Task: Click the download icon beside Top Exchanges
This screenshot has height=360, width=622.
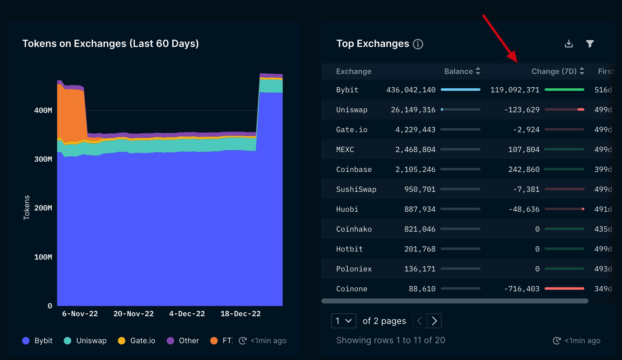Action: coord(569,44)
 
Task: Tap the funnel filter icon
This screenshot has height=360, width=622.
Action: coord(590,44)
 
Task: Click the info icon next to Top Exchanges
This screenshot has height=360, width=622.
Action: coord(418,44)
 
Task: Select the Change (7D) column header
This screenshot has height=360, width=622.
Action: coord(554,72)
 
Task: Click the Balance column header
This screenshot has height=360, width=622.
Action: coord(458,72)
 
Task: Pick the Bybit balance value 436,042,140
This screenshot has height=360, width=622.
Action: coord(411,90)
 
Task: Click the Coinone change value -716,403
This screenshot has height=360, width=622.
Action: coord(522,289)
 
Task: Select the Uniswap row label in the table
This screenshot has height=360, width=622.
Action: coord(351,110)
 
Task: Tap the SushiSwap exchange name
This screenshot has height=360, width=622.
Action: coord(356,189)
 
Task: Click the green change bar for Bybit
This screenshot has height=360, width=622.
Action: coord(564,90)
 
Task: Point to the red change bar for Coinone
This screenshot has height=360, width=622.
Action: coord(564,288)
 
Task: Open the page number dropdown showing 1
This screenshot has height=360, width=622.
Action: coord(343,321)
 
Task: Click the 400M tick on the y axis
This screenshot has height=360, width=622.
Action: coord(43,110)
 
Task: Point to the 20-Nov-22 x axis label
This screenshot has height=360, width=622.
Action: coord(133,314)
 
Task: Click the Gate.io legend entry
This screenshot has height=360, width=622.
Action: coord(137,341)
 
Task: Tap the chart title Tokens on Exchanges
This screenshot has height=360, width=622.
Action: coord(110,44)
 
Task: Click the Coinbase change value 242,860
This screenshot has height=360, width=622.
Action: coord(524,169)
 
